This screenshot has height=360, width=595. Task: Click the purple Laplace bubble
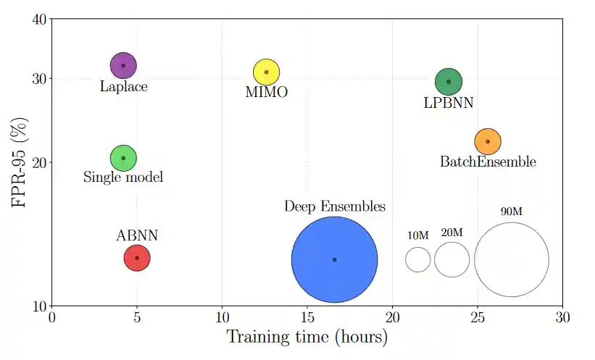[123, 66]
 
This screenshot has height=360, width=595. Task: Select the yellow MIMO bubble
[267, 72]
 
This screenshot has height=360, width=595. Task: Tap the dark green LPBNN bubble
[449, 82]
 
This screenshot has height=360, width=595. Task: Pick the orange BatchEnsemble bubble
[488, 141]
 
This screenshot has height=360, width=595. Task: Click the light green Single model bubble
[123, 158]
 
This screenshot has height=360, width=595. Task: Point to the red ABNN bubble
[137, 258]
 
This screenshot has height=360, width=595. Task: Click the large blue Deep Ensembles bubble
[334, 259]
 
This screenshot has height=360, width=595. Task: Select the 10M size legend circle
[418, 259]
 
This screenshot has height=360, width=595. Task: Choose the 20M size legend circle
[452, 259]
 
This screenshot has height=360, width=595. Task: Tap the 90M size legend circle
[512, 259]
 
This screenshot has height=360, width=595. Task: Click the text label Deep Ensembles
[334, 207]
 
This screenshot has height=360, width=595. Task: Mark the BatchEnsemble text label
[488, 162]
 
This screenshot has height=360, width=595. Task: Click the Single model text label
[123, 177]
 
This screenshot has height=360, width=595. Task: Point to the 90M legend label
[512, 212]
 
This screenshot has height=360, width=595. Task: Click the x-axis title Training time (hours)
[307, 338]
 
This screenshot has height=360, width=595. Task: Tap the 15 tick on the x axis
[307, 318]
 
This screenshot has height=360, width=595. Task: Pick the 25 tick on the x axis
[478, 318]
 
